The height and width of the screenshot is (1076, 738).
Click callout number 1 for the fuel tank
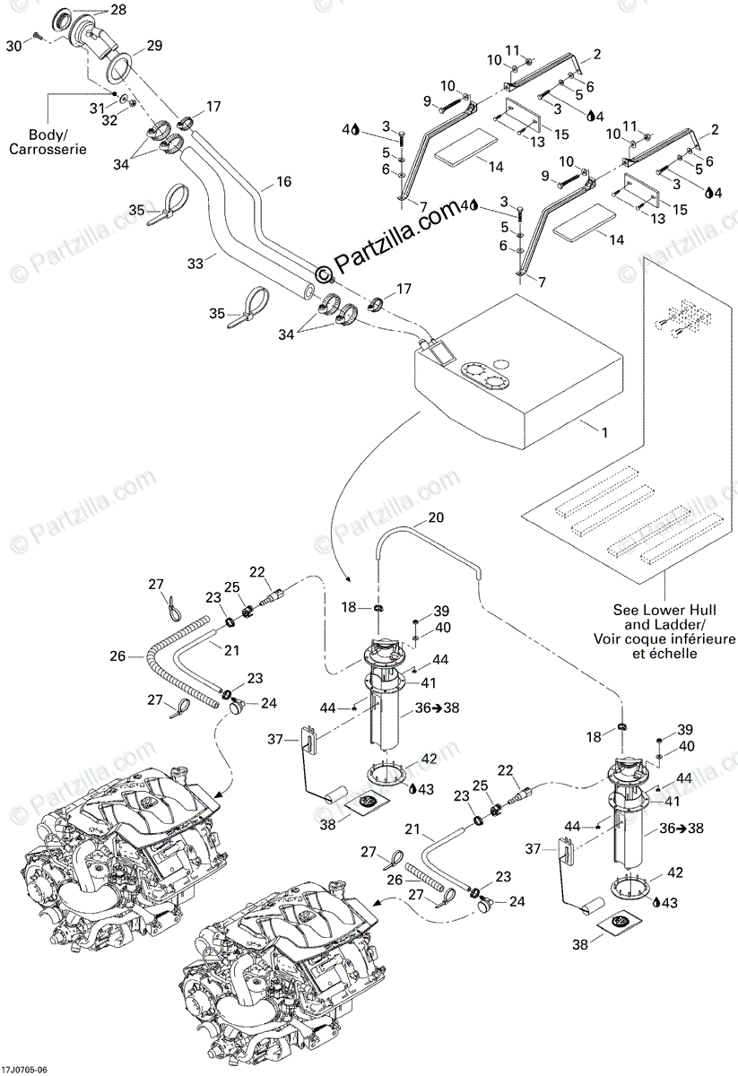[604, 432]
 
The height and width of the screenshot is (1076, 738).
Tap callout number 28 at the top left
[119, 10]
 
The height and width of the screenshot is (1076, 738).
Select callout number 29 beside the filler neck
[154, 46]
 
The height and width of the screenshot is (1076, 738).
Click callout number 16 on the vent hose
[283, 182]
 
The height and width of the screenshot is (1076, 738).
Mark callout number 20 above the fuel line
[436, 518]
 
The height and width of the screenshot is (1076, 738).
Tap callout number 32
[109, 119]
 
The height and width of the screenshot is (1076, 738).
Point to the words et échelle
[662, 655]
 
